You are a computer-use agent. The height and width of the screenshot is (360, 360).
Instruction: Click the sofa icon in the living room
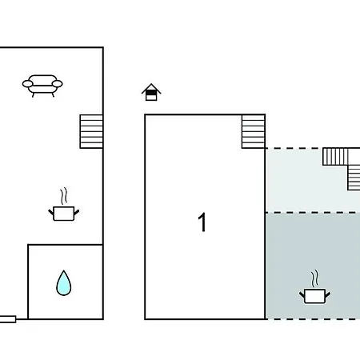tap(42, 86)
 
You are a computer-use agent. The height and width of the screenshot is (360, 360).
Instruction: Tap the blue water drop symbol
tap(64, 283)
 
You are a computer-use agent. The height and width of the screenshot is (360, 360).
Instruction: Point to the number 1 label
tap(202, 222)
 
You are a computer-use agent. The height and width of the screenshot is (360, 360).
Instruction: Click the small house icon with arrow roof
tap(151, 92)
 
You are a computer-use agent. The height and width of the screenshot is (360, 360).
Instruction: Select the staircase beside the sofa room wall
tap(91, 131)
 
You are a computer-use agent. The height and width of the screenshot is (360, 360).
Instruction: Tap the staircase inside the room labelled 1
tap(254, 131)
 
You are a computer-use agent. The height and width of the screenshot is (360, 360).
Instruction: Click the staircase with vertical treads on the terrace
tap(335, 157)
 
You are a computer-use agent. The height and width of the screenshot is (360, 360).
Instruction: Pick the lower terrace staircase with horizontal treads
tap(354, 178)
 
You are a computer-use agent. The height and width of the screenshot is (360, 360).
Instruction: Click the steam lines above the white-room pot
tap(63, 196)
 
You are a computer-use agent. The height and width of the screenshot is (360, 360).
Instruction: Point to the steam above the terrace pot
tap(314, 278)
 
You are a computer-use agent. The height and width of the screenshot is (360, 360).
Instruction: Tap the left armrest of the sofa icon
tap(27, 84)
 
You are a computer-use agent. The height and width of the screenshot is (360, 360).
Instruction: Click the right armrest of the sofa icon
tap(58, 84)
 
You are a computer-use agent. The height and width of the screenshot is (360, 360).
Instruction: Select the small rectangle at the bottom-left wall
tap(8, 319)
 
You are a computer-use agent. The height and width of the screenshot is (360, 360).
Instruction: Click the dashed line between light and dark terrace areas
tap(313, 213)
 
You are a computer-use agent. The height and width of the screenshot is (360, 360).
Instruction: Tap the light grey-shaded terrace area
tap(306, 186)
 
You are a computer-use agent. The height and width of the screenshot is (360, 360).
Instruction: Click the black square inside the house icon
tap(151, 93)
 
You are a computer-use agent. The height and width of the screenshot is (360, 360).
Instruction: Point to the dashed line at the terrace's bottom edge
tap(313, 319)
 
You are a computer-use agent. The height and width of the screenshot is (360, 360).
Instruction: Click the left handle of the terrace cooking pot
tap(302, 295)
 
